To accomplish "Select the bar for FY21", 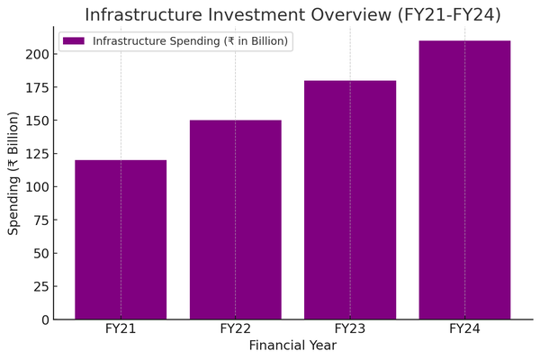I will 121,239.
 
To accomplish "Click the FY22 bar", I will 235,220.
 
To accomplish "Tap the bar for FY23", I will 350,200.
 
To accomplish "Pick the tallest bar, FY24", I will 464,180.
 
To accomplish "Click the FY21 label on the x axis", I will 121,329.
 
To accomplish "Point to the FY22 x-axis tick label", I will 235,329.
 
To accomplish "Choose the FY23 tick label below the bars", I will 350,329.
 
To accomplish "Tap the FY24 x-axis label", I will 464,329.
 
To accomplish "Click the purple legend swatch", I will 74,41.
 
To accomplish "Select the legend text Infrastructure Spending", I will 189,41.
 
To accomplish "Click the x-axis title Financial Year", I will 292,346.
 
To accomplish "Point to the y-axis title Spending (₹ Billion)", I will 13,173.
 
